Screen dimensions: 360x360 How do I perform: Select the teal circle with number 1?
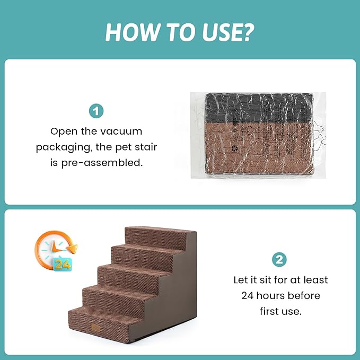point(96,111)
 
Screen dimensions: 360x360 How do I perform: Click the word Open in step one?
point(63,131)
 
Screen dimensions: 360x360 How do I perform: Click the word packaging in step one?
point(62,147)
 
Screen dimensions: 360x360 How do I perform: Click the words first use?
point(280,311)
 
